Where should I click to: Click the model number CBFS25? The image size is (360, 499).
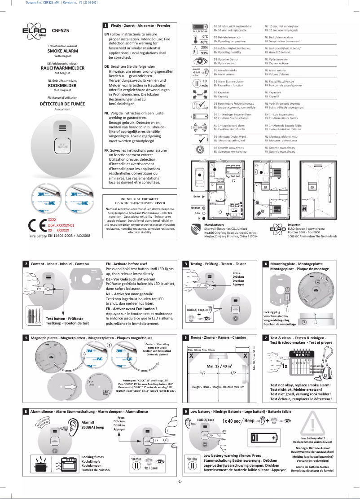coord(60,31)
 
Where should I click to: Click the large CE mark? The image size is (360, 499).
coord(35,225)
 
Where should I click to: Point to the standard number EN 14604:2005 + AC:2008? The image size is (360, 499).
coord(69,235)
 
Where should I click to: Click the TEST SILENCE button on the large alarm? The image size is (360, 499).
coord(62,146)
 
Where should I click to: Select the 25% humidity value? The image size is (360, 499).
coord(204,47)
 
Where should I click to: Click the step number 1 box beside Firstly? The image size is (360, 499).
coord(105,26)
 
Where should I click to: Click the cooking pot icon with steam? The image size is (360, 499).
coord(42,462)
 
